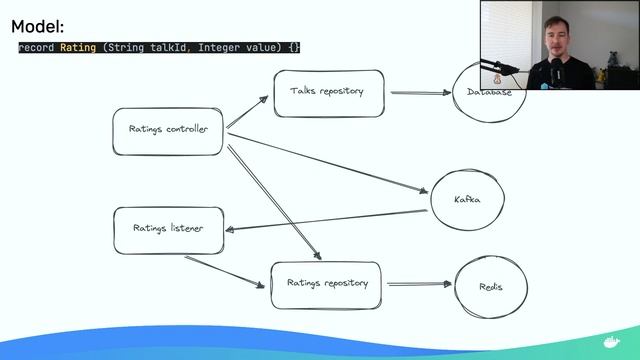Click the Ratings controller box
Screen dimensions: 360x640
pyautogui.click(x=168, y=130)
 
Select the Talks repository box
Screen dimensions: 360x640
pyautogui.click(x=328, y=93)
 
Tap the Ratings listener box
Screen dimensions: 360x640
pyautogui.click(x=168, y=228)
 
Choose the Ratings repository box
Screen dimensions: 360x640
pyautogui.click(x=328, y=284)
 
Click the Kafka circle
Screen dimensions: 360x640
pyautogui.click(x=466, y=199)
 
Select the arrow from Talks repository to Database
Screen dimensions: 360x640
pyautogui.click(x=420, y=93)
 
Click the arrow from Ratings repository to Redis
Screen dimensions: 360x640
pyautogui.click(x=419, y=284)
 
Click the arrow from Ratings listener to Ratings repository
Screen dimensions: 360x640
pyautogui.click(x=227, y=270)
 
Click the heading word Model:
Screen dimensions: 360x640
pyautogui.click(x=37, y=26)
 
